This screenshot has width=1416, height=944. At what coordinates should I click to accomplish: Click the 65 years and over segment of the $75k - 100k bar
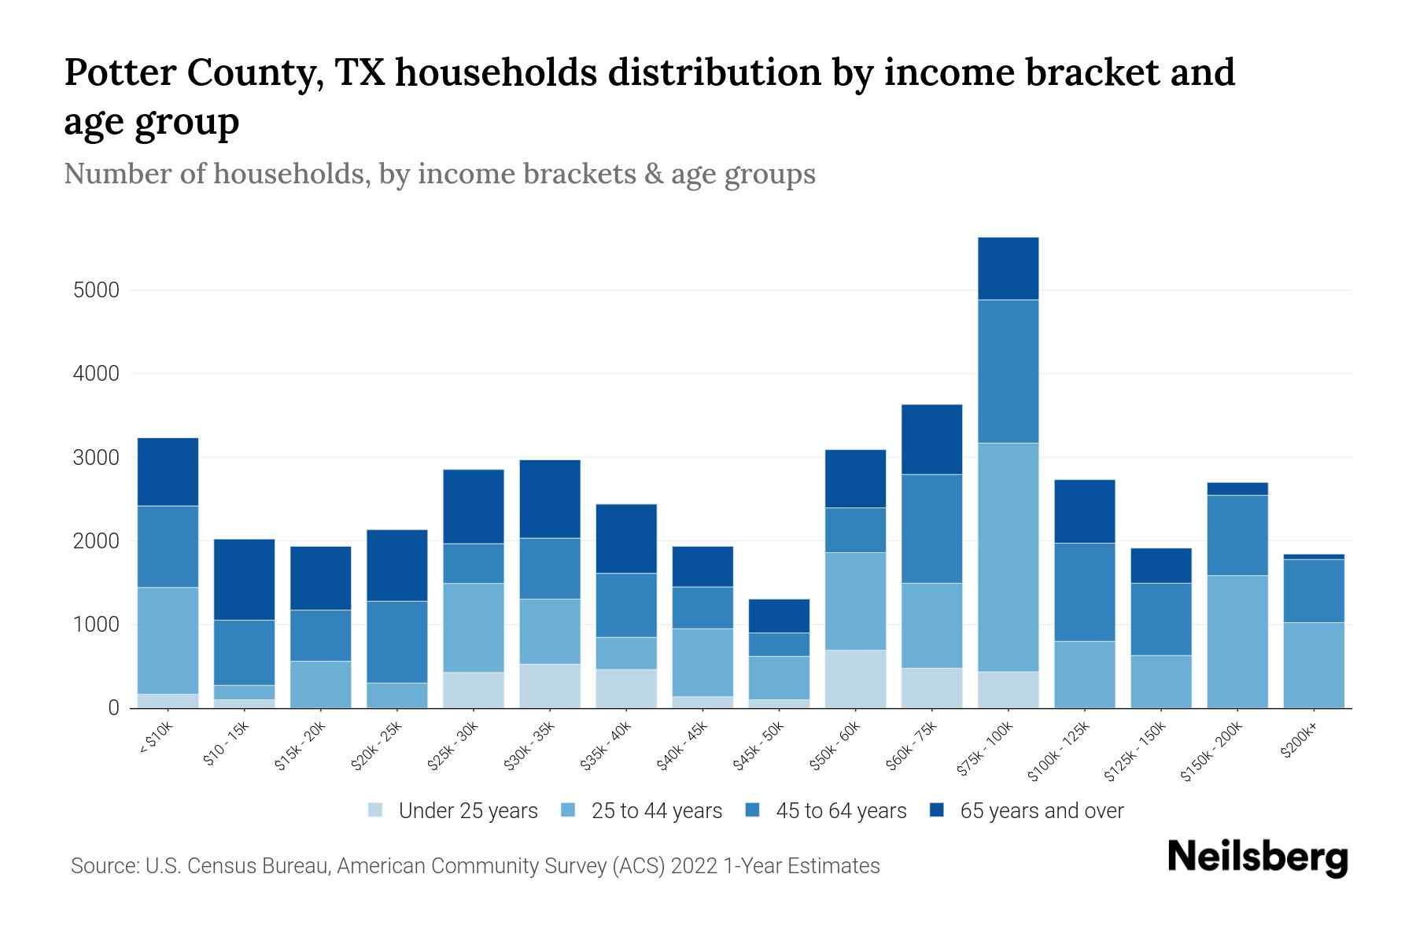(1008, 268)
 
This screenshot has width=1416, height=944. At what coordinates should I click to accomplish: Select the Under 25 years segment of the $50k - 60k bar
(855, 679)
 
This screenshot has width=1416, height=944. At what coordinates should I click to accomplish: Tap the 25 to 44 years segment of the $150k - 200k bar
(1237, 641)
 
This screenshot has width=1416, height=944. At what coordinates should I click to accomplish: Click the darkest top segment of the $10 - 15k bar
(244, 579)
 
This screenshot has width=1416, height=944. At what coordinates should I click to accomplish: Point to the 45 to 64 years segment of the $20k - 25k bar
(396, 642)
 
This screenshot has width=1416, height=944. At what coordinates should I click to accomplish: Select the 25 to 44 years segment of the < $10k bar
(168, 640)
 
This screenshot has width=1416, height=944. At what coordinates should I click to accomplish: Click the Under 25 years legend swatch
(375, 810)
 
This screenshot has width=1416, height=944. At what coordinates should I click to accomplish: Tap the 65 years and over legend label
(1042, 811)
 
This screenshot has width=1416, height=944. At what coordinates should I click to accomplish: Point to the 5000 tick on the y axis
(96, 290)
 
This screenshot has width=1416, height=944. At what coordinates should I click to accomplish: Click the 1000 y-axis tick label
(96, 625)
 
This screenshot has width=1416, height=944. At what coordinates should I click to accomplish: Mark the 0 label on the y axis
(113, 708)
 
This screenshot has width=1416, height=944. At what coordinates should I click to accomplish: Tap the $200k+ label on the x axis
(1298, 740)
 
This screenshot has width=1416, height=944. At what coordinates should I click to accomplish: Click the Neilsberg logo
(1257, 858)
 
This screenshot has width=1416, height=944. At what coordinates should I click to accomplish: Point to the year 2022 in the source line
(695, 866)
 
